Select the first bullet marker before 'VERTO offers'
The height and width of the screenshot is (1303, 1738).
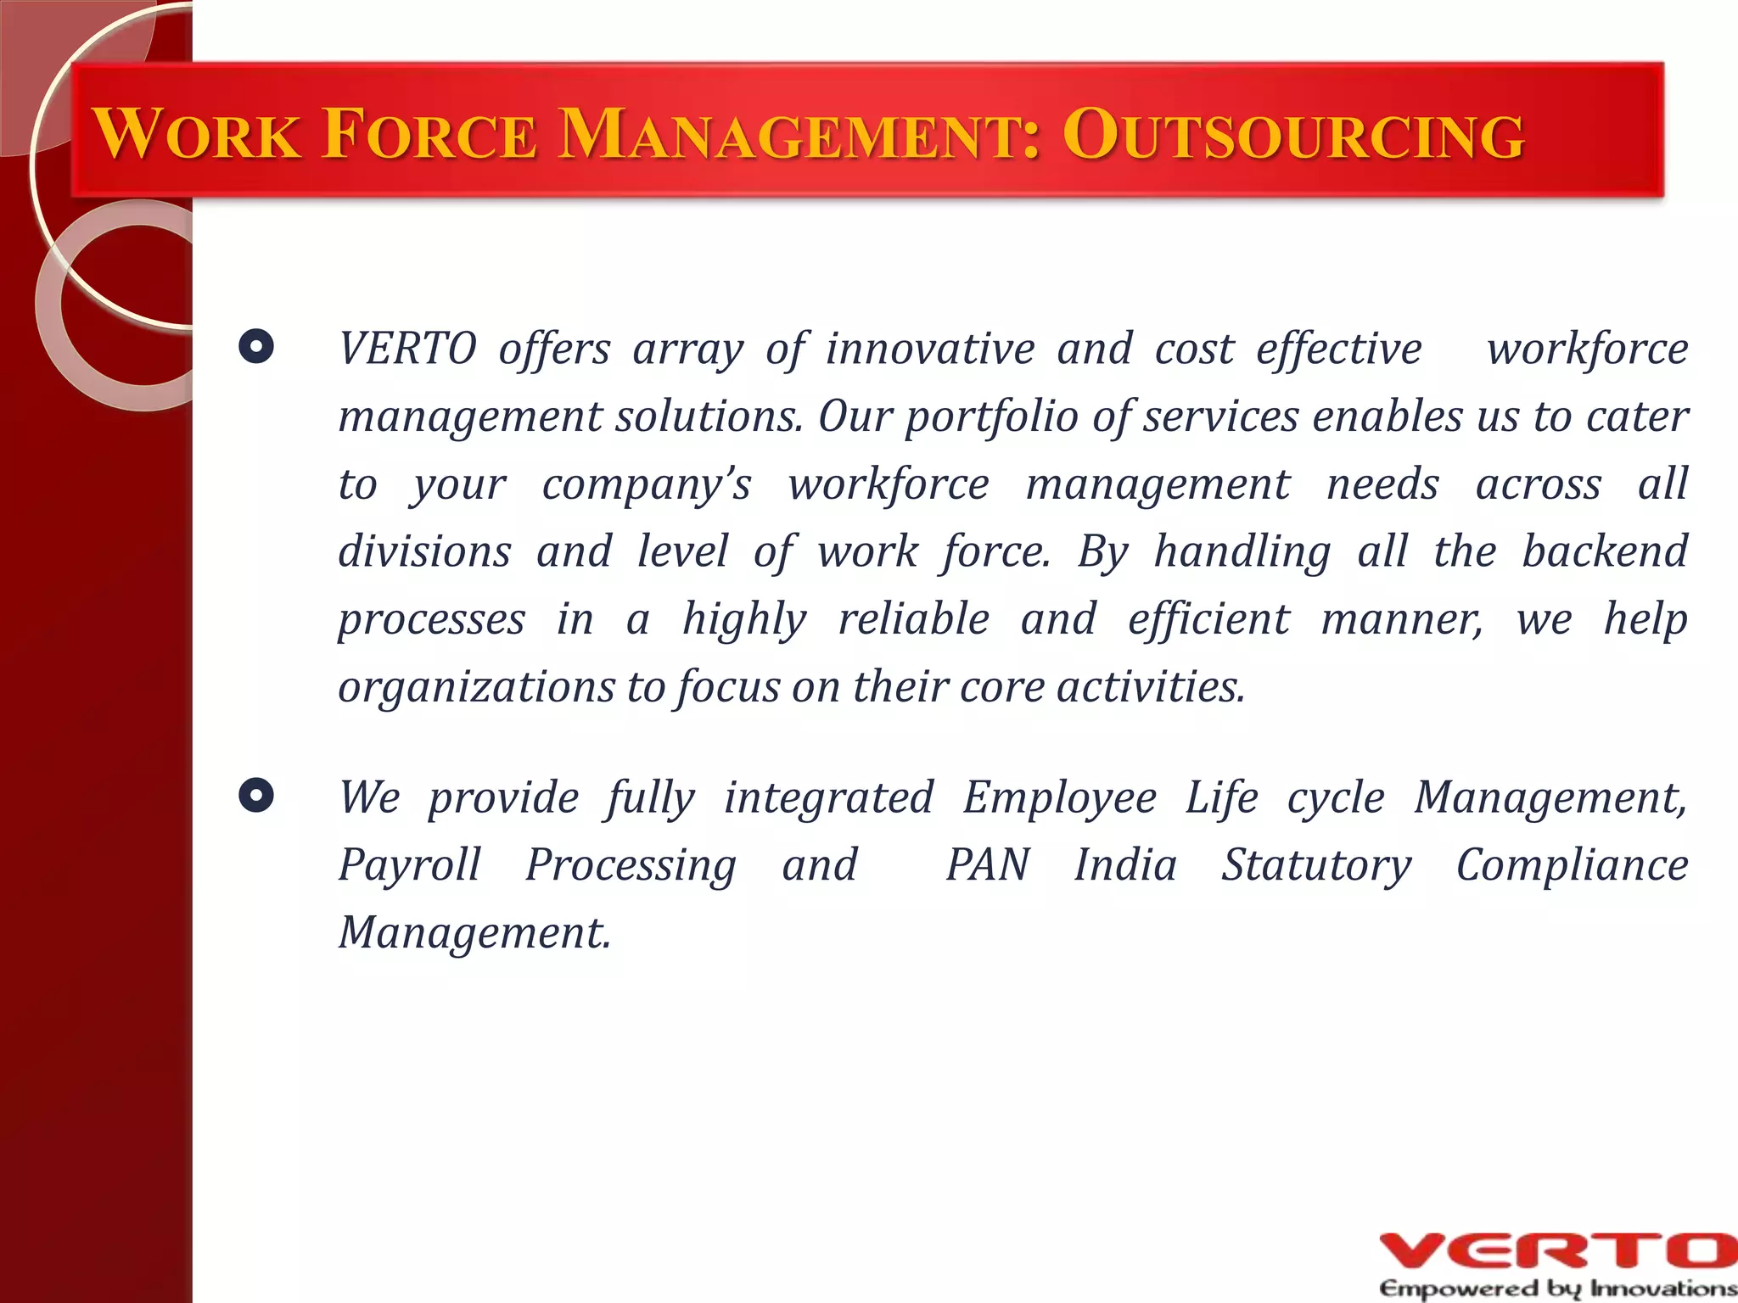point(256,347)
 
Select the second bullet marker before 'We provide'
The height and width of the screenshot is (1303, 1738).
point(256,796)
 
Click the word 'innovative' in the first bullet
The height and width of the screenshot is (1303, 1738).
point(930,349)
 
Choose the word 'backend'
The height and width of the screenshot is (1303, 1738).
point(1604,551)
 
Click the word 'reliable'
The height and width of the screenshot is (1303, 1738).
point(913,618)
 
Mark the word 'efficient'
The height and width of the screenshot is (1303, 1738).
point(1208,618)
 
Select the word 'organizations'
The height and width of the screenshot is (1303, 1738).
point(476,687)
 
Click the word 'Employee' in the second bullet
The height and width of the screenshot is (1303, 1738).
point(1059,798)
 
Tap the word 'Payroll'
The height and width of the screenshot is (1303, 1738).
point(409,865)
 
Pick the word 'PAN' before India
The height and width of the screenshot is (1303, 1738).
point(987,865)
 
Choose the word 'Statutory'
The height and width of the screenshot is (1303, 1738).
point(1316,865)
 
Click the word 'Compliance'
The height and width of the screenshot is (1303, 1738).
point(1572,865)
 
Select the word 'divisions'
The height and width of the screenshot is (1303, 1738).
point(424,551)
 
